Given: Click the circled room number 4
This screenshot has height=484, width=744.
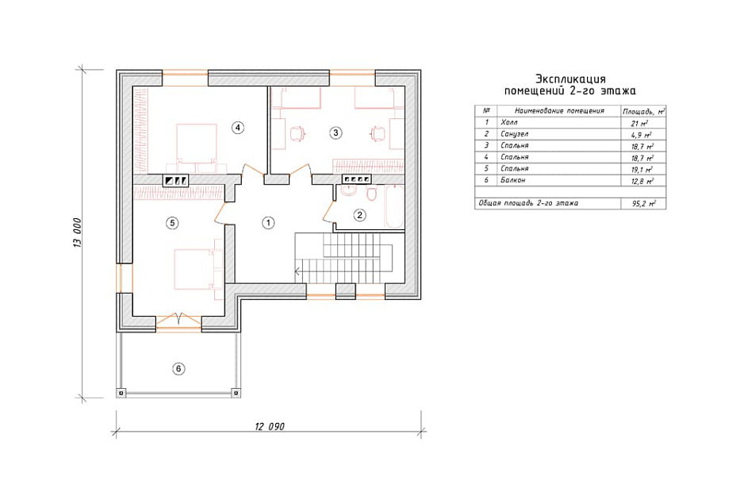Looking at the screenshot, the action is coord(238,127).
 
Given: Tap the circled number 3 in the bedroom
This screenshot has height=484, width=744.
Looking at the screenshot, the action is coord(336,133).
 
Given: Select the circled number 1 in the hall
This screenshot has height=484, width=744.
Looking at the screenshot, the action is coord(269,222).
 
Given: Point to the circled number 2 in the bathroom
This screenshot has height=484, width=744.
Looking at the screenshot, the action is coord(359,215).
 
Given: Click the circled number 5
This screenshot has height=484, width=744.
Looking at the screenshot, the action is coord(172,222).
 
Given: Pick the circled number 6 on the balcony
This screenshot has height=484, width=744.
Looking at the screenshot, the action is coord(178,369).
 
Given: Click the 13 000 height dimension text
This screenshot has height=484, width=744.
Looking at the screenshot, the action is coord(78,232).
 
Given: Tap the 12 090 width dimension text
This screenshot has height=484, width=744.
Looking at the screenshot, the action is coord(270,426).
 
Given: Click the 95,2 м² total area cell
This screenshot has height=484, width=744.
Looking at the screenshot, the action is coord(643,204).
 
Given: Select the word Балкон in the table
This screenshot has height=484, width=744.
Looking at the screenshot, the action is coord(513,180).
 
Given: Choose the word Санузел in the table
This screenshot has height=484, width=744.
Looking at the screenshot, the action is coord(514,134).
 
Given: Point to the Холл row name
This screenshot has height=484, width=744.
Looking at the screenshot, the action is coord(509,122).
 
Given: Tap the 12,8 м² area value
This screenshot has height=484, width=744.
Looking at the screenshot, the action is coord(642,181).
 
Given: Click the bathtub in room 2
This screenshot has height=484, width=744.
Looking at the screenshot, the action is coord(394,207).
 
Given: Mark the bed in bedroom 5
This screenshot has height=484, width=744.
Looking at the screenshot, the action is coord(194,269).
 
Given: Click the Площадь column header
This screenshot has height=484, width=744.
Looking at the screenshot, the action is coord(638,112).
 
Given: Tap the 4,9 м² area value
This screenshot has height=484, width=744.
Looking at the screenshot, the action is coord(642,135).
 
